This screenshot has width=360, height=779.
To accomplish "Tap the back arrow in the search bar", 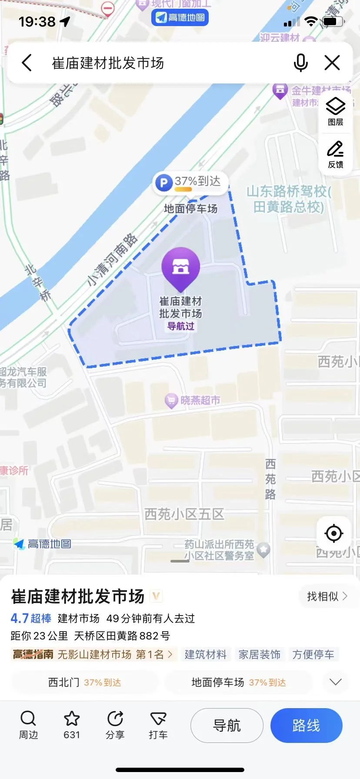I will [x=27, y=63].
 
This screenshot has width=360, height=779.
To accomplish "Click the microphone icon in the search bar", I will [x=300, y=63].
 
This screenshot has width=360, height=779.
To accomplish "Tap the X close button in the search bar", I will [x=332, y=63].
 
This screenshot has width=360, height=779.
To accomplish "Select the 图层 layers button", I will [x=335, y=111].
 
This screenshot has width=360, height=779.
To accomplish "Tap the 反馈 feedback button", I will [x=335, y=154].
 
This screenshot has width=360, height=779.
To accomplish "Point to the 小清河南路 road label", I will [x=112, y=260].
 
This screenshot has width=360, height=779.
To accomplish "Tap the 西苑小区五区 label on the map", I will [x=184, y=514].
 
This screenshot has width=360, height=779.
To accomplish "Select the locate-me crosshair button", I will [x=333, y=533].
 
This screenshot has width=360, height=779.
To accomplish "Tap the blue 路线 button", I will [x=306, y=726].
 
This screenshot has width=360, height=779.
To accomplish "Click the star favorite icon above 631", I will [x=72, y=719].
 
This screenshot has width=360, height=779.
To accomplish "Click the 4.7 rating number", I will [x=20, y=618].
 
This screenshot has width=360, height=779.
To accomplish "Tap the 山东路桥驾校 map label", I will [x=289, y=199].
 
